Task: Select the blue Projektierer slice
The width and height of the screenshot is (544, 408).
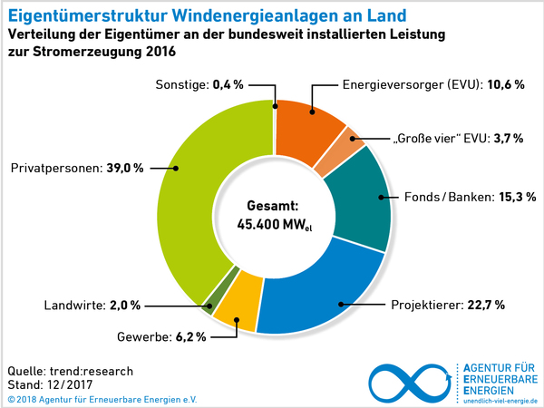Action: point(326,290)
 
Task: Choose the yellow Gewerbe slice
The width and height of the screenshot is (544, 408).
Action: point(240,308)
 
